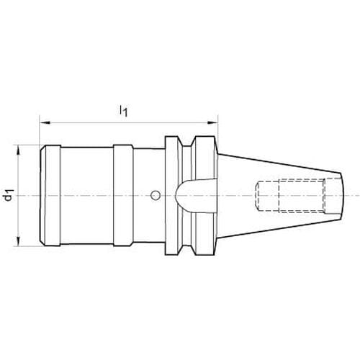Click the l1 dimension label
pos(123,111)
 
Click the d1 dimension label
pos(9,195)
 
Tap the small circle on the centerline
pos(156,195)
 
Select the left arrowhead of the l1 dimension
pos(45,123)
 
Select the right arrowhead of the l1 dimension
pos(212,123)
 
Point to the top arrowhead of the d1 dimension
pos(18,150)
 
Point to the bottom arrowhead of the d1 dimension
pos(18,240)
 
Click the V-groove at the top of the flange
pos(187,142)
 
